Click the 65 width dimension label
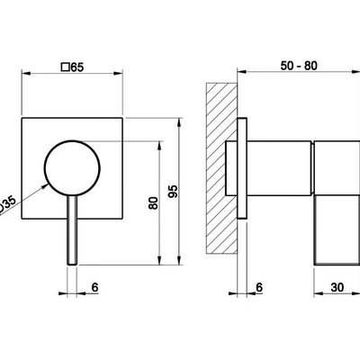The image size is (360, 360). coord(77,67)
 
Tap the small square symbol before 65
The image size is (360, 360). coord(65,67)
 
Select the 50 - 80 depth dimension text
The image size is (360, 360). coord(299,66)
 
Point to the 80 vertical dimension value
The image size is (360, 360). coord(153,203)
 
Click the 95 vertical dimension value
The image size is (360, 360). coord(173,192)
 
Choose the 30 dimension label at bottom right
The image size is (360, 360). coord(337,287)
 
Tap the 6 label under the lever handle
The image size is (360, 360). coord(94,287)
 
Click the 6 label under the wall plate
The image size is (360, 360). coord(259,287)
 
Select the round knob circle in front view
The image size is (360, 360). coord(72,140)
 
